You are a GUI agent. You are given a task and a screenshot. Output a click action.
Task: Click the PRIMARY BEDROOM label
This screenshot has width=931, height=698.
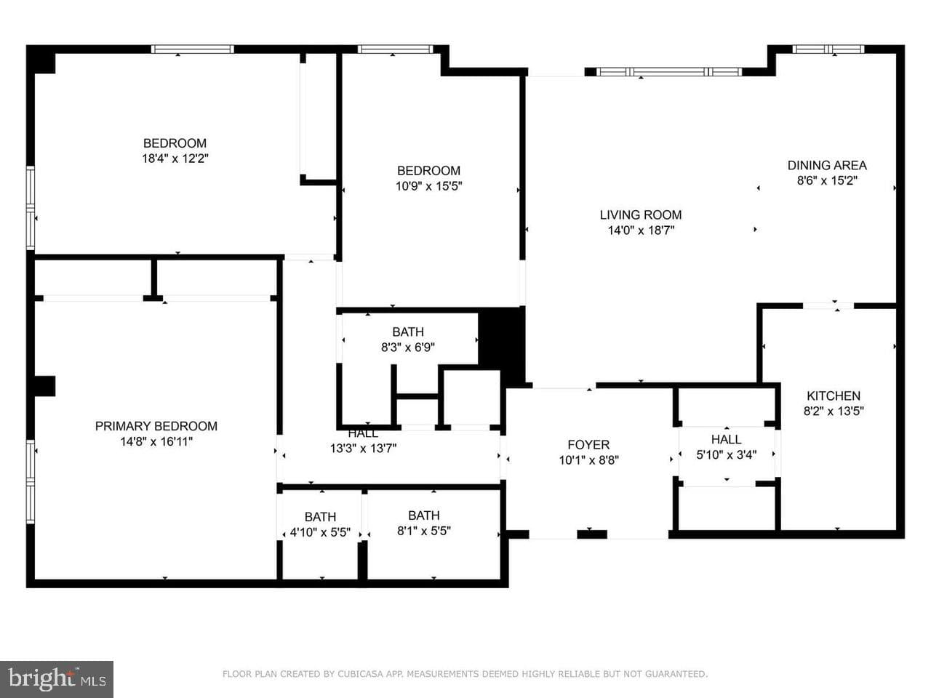pyautogui.click(x=156, y=426)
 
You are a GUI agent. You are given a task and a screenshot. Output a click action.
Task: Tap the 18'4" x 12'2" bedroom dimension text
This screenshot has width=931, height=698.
pyautogui.click(x=175, y=159)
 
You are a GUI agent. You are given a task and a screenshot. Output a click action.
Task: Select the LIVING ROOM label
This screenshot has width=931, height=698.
pyautogui.click(x=641, y=215)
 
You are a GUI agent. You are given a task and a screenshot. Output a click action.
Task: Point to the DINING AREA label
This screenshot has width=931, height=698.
pyautogui.click(x=827, y=165)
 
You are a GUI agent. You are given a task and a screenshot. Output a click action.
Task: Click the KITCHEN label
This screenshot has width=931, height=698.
pyautogui.click(x=833, y=396)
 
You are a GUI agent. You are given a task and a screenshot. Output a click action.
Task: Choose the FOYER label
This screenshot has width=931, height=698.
pyautogui.click(x=588, y=444)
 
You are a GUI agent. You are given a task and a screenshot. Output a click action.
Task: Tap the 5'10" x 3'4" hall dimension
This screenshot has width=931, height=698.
pyautogui.click(x=726, y=454)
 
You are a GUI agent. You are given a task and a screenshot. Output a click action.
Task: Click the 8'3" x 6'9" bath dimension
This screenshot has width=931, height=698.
pyautogui.click(x=407, y=348)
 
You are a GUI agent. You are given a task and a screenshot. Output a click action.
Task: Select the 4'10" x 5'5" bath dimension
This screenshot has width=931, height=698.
pyautogui.click(x=320, y=532)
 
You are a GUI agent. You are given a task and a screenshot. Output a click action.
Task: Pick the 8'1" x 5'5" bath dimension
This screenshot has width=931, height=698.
pyautogui.click(x=423, y=531)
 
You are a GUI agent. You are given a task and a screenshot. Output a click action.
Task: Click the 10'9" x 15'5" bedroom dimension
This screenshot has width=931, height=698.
pyautogui.click(x=428, y=186)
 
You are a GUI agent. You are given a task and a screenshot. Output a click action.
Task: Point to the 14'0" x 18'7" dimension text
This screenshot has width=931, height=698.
pyautogui.click(x=641, y=230)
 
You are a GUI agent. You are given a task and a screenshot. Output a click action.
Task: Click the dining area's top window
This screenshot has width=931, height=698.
pyautogui.click(x=828, y=49)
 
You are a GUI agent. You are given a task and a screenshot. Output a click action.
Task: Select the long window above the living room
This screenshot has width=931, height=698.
pyautogui.click(x=669, y=72)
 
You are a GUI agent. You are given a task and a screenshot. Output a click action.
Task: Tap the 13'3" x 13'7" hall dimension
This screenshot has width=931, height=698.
pyautogui.click(x=363, y=449)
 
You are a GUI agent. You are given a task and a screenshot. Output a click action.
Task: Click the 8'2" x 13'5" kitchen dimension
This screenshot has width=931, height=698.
pyautogui.click(x=834, y=411)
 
